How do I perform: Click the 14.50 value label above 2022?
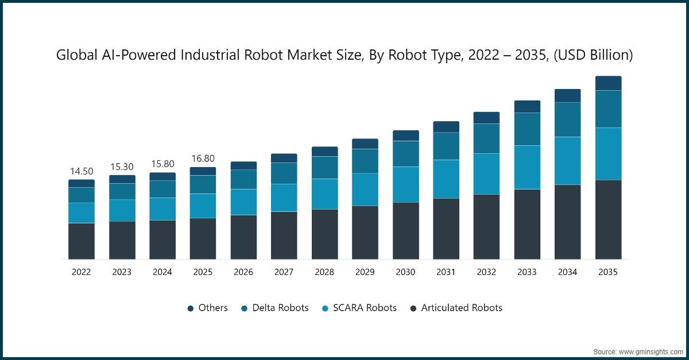click(82, 172)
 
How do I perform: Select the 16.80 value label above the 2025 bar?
click(203, 159)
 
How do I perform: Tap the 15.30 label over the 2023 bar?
click(122, 167)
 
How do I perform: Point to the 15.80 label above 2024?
click(162, 164)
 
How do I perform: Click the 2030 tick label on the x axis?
click(405, 273)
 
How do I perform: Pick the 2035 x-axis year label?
click(608, 273)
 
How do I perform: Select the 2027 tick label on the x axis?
click(284, 273)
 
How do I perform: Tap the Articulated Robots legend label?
click(462, 308)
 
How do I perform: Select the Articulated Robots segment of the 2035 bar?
click(608, 219)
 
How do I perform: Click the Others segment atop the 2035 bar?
click(608, 83)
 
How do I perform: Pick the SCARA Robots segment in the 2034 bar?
click(567, 161)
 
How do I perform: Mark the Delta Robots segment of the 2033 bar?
click(527, 129)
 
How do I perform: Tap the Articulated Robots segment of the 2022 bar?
click(82, 241)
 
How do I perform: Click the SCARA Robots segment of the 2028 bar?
click(324, 194)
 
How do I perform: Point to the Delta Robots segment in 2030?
click(405, 154)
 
